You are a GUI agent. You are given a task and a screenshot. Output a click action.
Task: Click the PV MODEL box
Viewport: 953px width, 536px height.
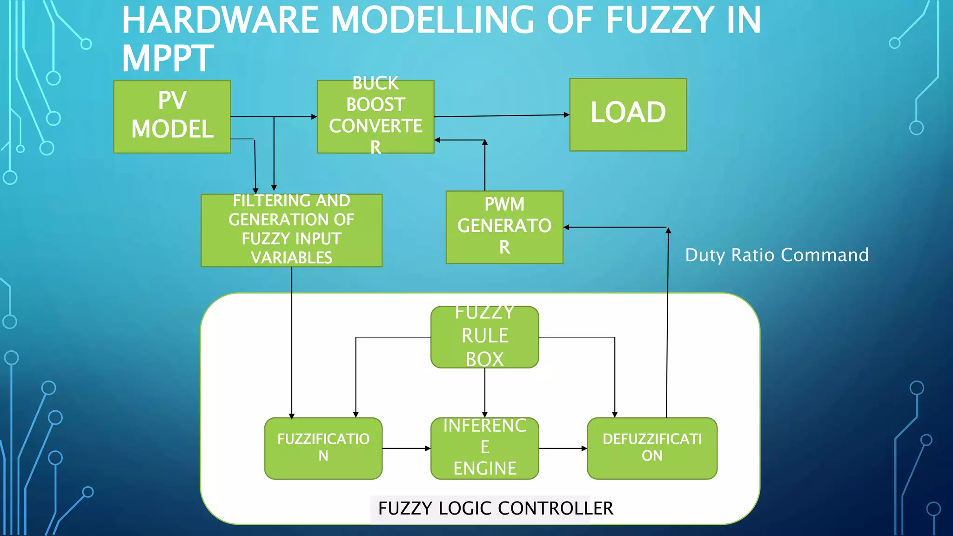click(x=172, y=116)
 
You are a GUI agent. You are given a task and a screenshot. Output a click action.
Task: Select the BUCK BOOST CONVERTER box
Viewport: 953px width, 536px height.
click(x=376, y=116)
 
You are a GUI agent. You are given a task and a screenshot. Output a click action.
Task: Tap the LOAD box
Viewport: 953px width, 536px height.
click(x=628, y=114)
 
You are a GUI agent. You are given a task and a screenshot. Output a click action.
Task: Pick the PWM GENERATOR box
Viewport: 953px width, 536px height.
click(x=504, y=227)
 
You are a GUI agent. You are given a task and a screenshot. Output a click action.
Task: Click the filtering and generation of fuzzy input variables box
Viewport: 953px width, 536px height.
click(x=291, y=230)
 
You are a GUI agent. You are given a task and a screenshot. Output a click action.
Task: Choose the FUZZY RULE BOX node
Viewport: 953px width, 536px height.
click(x=484, y=337)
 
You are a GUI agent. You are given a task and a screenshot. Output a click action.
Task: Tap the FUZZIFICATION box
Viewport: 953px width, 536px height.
click(x=323, y=448)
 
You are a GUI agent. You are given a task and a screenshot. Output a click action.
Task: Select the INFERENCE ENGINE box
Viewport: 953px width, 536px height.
click(x=484, y=448)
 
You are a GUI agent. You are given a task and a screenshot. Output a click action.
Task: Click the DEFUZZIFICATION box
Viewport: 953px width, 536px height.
click(x=652, y=448)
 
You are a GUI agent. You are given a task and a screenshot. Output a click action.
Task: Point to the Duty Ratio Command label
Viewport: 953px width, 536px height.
click(x=777, y=255)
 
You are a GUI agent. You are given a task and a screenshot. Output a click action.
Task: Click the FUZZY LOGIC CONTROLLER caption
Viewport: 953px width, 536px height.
click(x=495, y=508)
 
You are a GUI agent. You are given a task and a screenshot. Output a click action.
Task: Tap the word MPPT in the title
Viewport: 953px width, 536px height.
click(x=168, y=59)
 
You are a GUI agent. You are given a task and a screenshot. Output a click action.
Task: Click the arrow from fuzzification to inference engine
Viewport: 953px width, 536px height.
click(x=406, y=449)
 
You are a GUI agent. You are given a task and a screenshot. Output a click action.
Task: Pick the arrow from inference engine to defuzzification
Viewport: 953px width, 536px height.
click(x=563, y=449)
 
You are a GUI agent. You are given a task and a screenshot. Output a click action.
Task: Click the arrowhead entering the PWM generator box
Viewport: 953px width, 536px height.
click(x=567, y=227)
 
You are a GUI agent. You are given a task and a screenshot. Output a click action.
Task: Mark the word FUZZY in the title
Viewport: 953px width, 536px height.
click(x=660, y=20)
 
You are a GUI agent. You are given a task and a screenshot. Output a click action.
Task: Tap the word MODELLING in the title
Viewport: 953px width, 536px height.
click(x=433, y=20)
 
